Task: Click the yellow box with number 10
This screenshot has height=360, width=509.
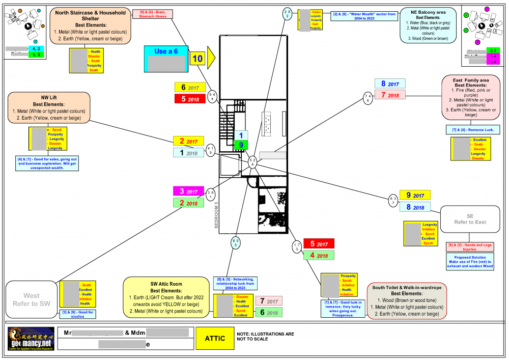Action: [197, 59]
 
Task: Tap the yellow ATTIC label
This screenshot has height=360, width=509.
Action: [214, 338]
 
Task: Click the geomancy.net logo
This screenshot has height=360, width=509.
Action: [31, 339]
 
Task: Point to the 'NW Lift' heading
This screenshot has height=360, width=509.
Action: [49, 98]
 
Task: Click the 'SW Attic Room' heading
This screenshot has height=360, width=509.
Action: [166, 284]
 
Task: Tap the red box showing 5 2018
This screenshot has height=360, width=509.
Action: [190, 99]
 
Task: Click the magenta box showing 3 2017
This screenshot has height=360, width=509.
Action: [188, 191]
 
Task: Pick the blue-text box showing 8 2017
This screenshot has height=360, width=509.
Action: [389, 84]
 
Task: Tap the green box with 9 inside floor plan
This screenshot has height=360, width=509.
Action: [241, 145]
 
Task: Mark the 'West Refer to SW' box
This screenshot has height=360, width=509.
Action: [32, 299]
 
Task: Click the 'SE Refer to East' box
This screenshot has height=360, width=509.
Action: [470, 219]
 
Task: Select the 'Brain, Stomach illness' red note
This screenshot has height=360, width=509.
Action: [154, 14]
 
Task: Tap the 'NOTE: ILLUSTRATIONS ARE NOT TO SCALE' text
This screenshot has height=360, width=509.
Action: [265, 336]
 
